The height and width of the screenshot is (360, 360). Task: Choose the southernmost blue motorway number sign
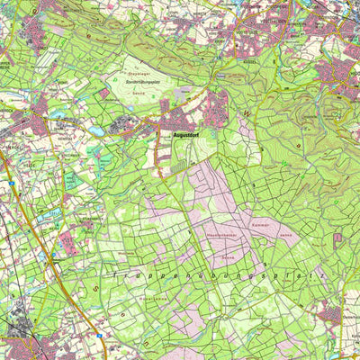101,334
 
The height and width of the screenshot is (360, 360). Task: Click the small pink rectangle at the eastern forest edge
338,238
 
